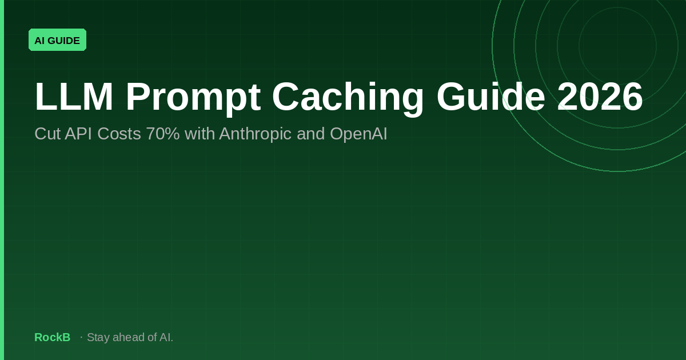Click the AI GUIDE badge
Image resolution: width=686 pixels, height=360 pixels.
[57, 40]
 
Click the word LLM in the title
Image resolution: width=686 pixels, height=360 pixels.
[74, 97]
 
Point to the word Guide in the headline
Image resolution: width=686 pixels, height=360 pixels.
[491, 96]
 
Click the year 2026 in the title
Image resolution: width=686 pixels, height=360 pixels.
[600, 96]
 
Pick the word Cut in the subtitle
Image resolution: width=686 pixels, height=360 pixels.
[47, 134]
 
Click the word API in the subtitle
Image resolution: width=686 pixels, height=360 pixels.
[78, 134]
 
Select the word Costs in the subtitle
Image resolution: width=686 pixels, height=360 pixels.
[119, 134]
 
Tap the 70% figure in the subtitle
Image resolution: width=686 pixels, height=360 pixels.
[163, 134]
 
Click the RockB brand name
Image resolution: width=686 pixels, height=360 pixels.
[53, 337]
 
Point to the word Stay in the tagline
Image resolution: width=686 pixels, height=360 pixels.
[98, 338]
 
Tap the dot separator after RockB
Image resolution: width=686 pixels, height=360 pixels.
[81, 337]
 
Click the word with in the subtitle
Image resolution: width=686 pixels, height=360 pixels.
[200, 134]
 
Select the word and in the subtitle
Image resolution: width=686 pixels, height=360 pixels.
[310, 134]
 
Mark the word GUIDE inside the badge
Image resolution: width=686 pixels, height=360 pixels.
[63, 41]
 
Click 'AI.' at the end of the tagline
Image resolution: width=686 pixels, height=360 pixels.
[166, 337]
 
